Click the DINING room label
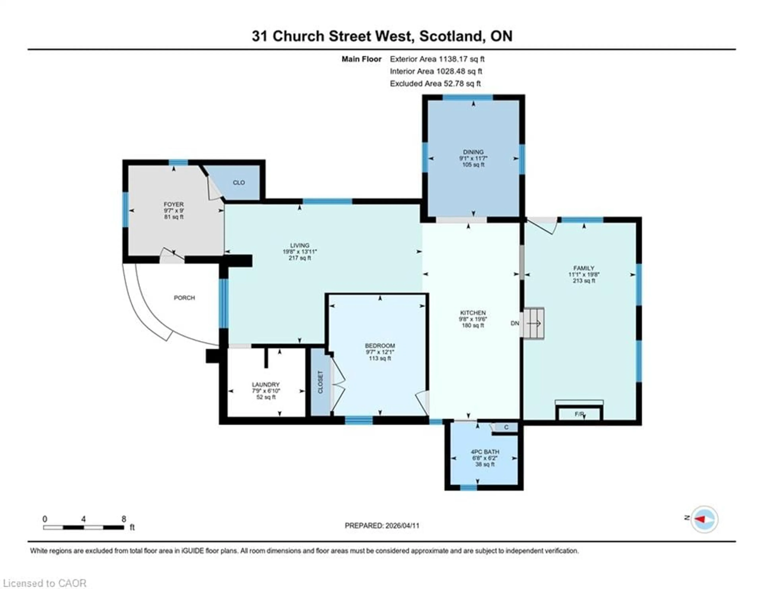point(473,152)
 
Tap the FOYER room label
point(174,204)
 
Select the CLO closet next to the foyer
point(239,183)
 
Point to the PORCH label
point(184,298)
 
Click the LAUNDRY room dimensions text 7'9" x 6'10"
point(266,391)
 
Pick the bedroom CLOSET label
point(320,382)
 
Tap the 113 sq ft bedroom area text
point(380,358)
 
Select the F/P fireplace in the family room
point(579,414)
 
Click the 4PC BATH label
point(485,452)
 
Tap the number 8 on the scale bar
point(124,519)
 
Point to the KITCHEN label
point(473,313)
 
